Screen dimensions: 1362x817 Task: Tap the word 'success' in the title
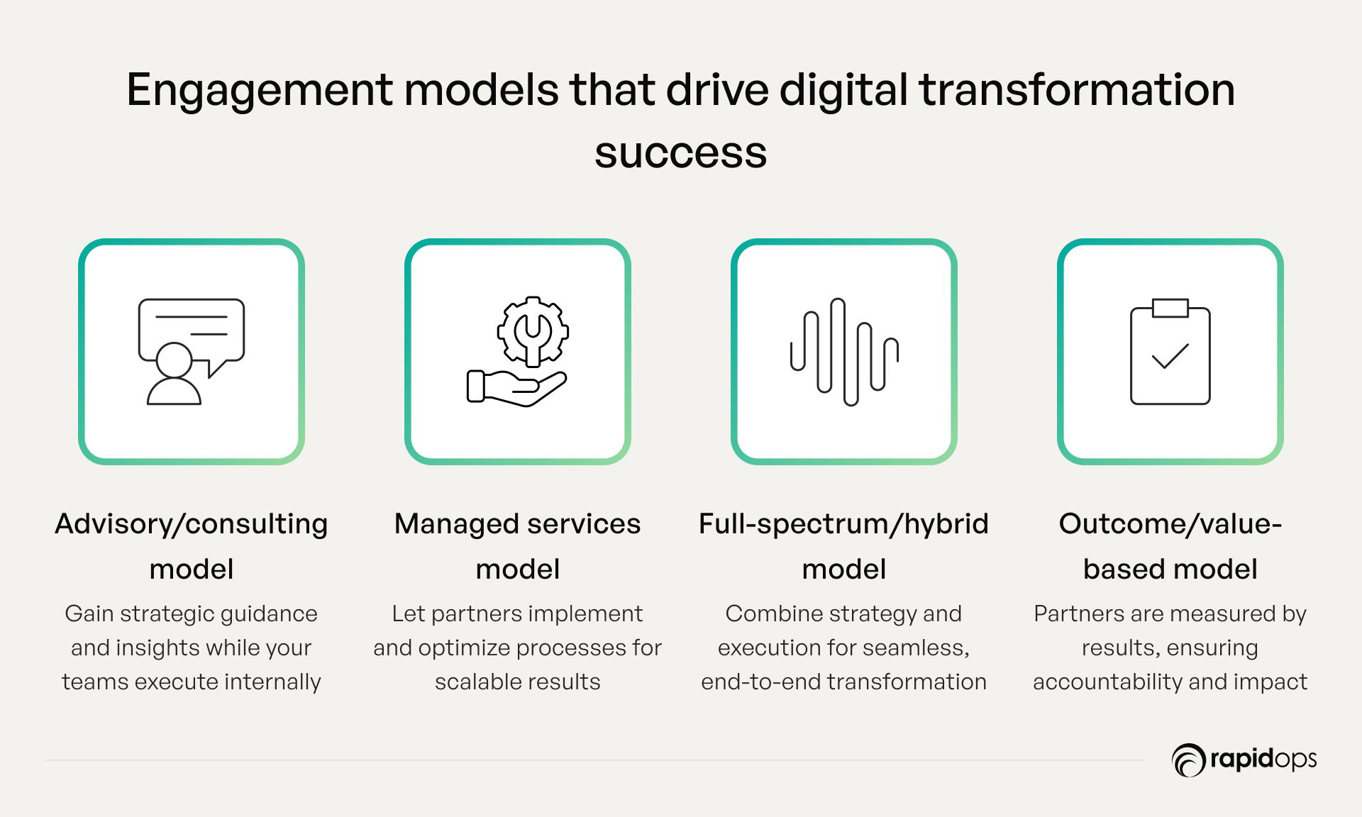681,153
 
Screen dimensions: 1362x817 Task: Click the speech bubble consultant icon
192,352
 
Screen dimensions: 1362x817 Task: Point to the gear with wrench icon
533,331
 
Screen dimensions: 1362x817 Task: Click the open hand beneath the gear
516,389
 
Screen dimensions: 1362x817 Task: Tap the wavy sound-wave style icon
844,352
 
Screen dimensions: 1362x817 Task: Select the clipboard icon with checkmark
1170,352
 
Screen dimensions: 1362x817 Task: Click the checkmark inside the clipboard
1170,356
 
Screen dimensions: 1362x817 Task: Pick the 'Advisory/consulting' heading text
192,524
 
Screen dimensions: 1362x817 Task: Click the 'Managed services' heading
518,524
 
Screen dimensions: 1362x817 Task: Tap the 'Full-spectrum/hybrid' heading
844,524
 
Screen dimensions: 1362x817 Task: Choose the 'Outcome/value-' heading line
1170,524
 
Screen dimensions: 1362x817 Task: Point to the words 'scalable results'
518,682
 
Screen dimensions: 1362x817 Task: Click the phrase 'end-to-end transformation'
844,682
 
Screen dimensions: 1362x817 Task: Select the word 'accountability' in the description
1107,682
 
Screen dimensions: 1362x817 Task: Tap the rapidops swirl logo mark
1188,760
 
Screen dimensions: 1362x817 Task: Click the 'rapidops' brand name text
1263,760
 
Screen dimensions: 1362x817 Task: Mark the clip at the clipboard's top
1170,308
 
